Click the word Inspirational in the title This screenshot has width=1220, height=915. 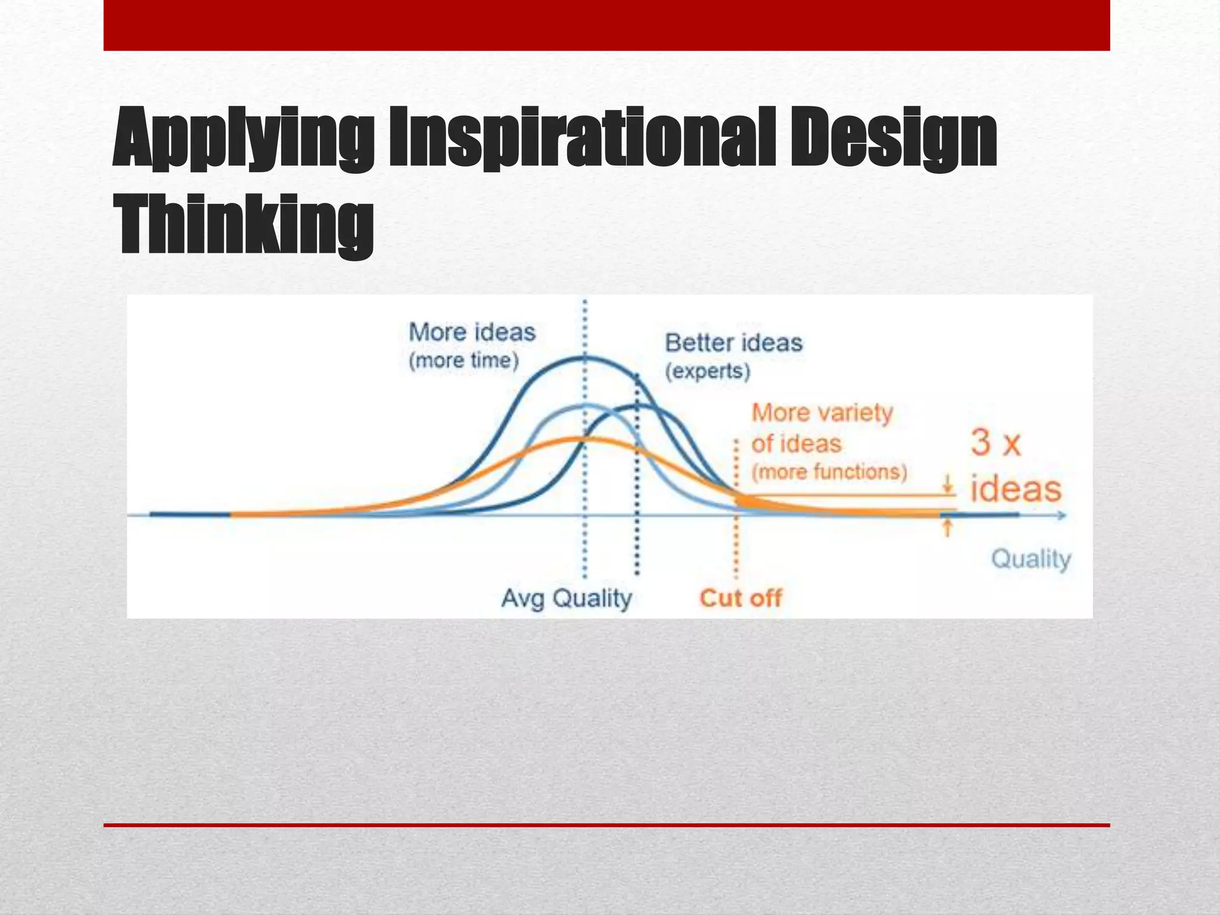[582, 138]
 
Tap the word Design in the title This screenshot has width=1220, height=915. [894, 138]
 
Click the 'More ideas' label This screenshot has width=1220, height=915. [472, 332]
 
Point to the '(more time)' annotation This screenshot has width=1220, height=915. [464, 361]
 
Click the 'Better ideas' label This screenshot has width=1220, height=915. [733, 343]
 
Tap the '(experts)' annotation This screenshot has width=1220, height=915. [707, 372]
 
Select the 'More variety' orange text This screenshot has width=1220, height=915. [822, 413]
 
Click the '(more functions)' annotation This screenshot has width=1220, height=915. [829, 472]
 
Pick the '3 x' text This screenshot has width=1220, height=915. [995, 444]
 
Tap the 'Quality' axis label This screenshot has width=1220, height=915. [1031, 559]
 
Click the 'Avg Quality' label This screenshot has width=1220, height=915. [567, 598]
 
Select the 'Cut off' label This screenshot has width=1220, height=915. [740, 598]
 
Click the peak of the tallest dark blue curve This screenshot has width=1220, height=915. [584, 357]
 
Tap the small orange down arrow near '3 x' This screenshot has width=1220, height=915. [947, 485]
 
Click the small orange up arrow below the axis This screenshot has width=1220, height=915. [947, 527]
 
